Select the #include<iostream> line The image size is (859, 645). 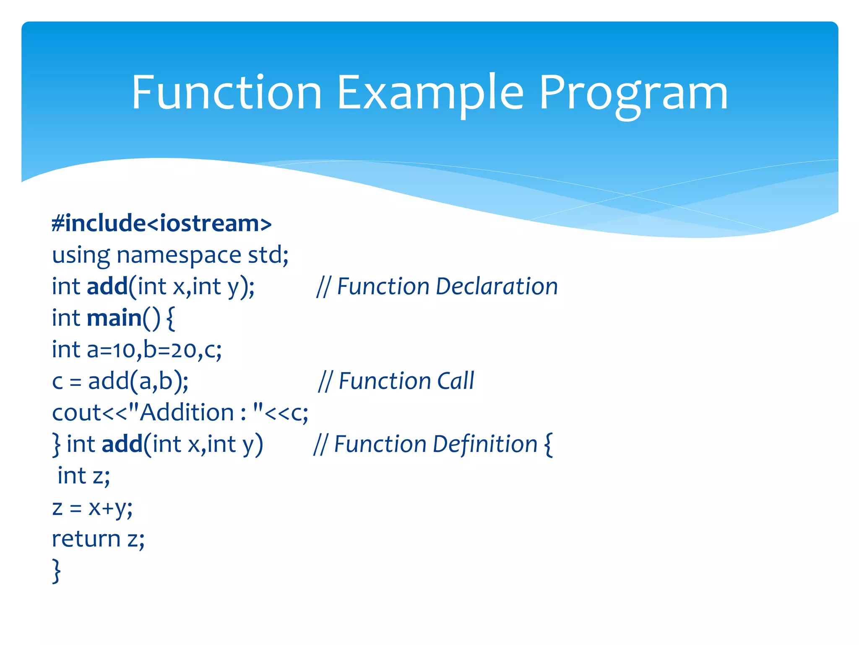161,223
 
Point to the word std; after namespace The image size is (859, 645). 268,255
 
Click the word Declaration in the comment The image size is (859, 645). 497,286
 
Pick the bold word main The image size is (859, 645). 114,318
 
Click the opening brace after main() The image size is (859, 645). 170,319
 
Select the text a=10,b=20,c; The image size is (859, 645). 154,350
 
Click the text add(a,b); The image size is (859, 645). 138,381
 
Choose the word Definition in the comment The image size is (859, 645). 477,444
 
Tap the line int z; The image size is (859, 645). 83,476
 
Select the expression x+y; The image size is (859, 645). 110,508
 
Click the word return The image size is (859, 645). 86,539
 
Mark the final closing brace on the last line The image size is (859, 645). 56,571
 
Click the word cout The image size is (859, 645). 77,412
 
